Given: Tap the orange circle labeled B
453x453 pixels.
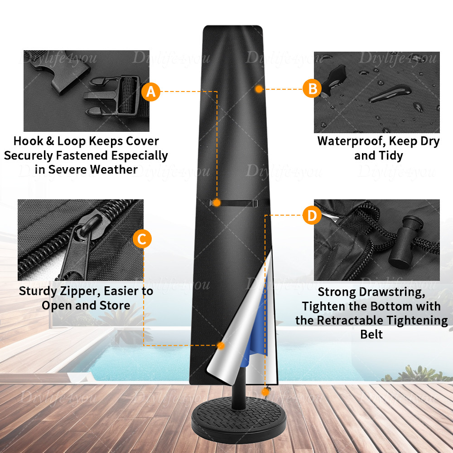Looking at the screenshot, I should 312,89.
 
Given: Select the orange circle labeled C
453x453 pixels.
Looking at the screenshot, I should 142,239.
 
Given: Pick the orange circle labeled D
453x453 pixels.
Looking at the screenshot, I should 312,216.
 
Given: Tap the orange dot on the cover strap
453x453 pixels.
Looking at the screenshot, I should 217,203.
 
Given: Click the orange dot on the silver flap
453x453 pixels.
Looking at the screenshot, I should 221,346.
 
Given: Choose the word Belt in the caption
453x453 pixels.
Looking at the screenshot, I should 371,335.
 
